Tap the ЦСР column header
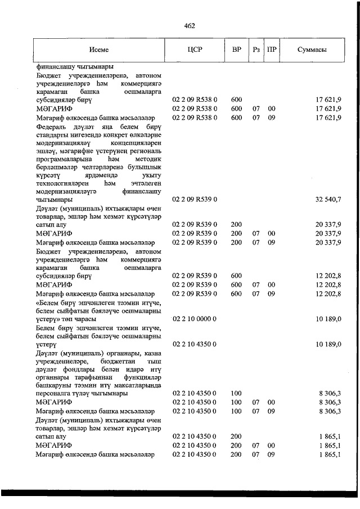tap(194, 49)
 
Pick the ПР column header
tap(272, 49)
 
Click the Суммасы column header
tap(312, 49)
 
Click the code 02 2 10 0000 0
tap(195, 319)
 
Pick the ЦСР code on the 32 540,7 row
tap(195, 199)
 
